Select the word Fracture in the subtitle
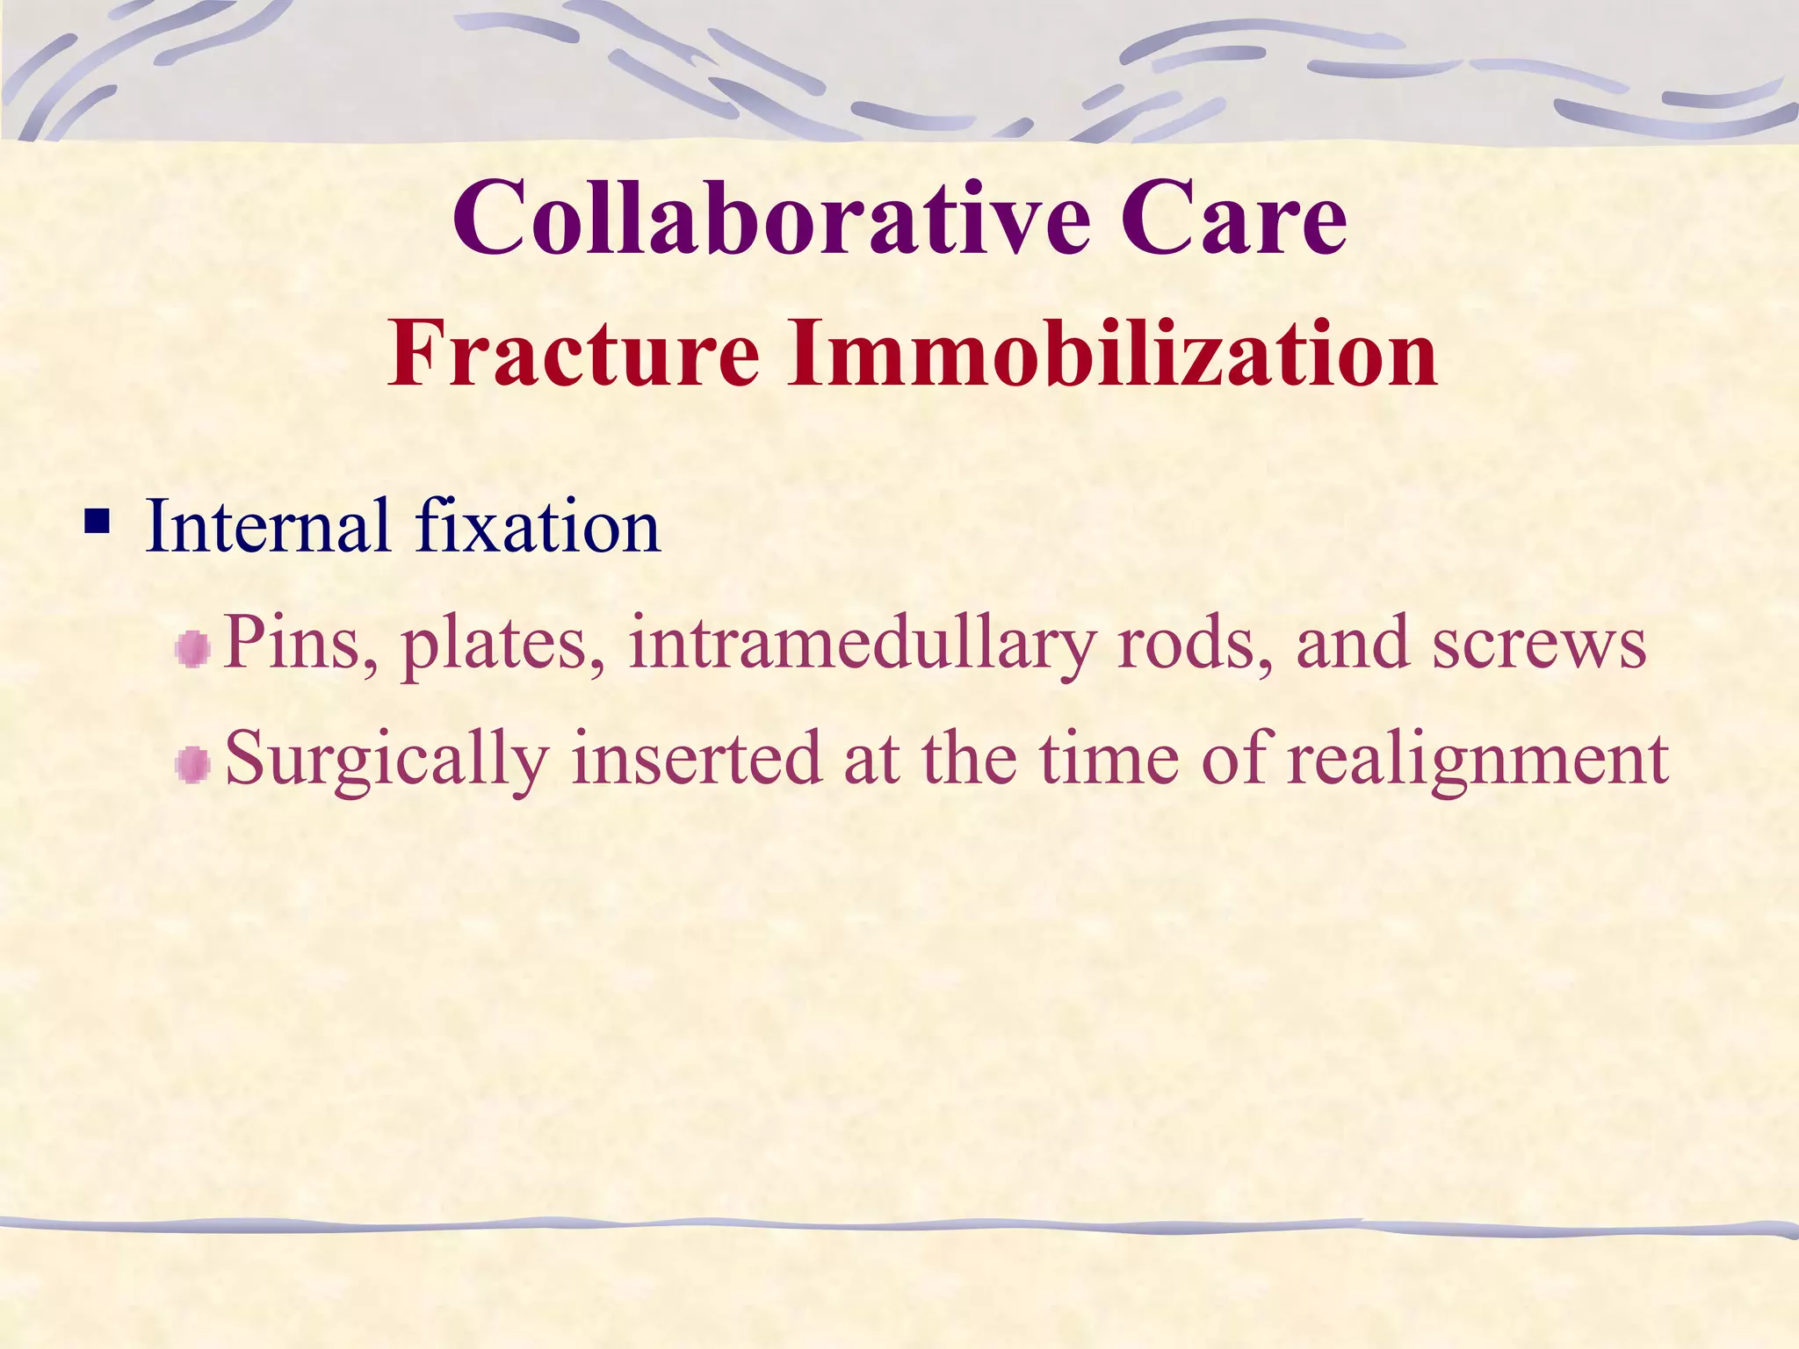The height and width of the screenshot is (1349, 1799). tap(574, 353)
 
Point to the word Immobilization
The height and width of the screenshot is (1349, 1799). tap(1111, 353)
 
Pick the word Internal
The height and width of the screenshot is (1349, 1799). tap(268, 527)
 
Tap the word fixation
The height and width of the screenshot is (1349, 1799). tap(538, 527)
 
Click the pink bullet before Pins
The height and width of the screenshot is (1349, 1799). tap(192, 651)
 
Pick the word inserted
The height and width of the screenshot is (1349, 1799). tap(697, 758)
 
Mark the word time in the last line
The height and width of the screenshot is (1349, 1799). tap(1109, 758)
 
